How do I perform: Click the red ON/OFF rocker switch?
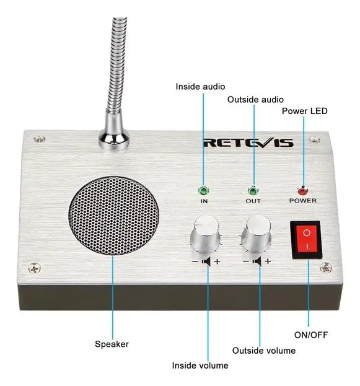pyautogui.click(x=306, y=240)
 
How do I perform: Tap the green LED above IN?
pyautogui.click(x=203, y=191)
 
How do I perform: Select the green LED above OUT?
pyautogui.click(x=252, y=191)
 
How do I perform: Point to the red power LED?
pyautogui.click(x=302, y=191)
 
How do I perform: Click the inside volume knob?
pyautogui.click(x=206, y=234)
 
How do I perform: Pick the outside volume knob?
pyautogui.click(x=257, y=234)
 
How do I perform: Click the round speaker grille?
pyautogui.click(x=113, y=216)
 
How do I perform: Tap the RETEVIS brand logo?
pyautogui.click(x=248, y=143)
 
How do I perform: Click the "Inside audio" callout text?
pyautogui.click(x=200, y=87)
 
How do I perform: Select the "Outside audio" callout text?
pyautogui.click(x=255, y=100)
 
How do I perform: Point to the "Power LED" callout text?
pyautogui.click(x=305, y=111)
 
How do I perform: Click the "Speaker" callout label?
pyautogui.click(x=112, y=344)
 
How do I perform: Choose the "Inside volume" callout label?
pyautogui.click(x=200, y=366)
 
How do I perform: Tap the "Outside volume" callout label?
pyautogui.click(x=264, y=351)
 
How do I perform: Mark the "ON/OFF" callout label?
pyautogui.click(x=311, y=335)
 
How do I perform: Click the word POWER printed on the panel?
pyautogui.click(x=303, y=201)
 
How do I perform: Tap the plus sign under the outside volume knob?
pyautogui.click(x=268, y=261)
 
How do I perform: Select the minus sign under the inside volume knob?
pyautogui.click(x=195, y=261)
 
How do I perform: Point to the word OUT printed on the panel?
pyautogui.click(x=253, y=201)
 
